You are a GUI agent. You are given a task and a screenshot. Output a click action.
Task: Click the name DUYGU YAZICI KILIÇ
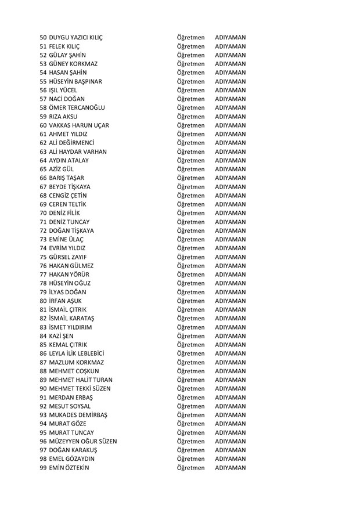(x=75, y=38)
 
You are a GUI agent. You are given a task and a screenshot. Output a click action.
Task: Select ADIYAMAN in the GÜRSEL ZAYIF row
(x=230, y=257)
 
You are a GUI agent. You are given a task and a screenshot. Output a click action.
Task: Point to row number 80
(x=43, y=301)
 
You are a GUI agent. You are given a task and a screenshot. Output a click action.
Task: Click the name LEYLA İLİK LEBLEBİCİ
(x=77, y=353)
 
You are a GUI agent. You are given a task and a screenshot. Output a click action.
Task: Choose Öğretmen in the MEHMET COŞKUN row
(x=191, y=371)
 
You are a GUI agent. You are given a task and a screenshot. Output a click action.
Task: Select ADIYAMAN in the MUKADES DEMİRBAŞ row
(x=230, y=415)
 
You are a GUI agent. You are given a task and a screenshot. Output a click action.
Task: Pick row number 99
(x=43, y=468)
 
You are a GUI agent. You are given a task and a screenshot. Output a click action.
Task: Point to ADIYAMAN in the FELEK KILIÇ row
(x=230, y=46)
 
